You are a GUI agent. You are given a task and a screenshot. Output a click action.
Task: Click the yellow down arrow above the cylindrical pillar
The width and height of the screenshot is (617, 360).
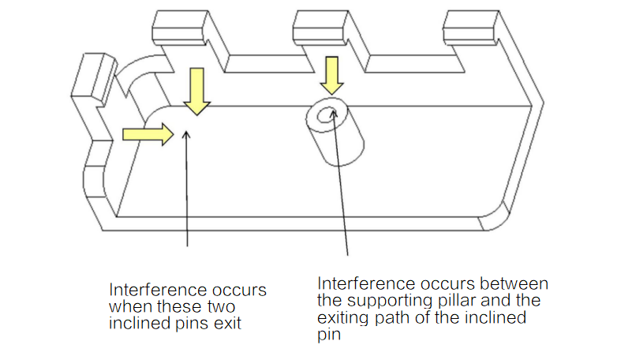click(x=331, y=76)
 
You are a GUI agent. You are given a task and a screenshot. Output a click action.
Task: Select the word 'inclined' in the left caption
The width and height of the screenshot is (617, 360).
click(x=135, y=323)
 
